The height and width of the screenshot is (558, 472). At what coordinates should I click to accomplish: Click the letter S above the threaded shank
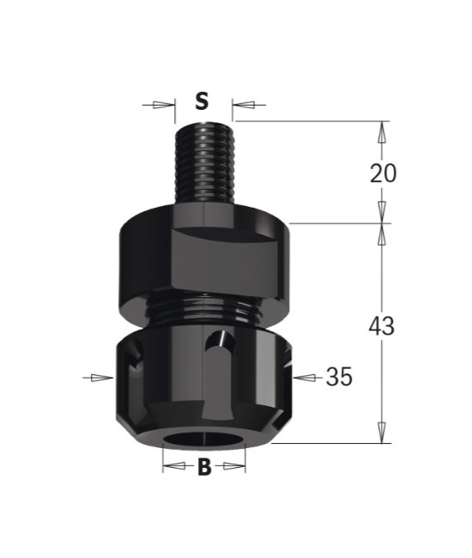click(x=202, y=102)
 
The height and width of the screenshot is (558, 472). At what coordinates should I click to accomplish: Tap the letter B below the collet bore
click(x=204, y=467)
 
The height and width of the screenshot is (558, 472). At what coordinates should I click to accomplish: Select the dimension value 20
click(x=383, y=173)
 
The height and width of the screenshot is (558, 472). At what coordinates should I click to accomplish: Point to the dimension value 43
click(x=382, y=326)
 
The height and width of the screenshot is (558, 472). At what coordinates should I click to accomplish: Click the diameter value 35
click(x=339, y=377)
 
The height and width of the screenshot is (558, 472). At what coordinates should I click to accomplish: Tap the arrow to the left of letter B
click(x=174, y=467)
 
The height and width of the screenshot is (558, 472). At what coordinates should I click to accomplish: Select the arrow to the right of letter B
click(x=233, y=467)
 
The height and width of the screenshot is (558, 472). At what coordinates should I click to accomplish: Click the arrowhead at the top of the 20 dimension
click(x=382, y=130)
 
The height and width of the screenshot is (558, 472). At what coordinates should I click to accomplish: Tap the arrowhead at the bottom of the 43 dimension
click(x=382, y=434)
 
